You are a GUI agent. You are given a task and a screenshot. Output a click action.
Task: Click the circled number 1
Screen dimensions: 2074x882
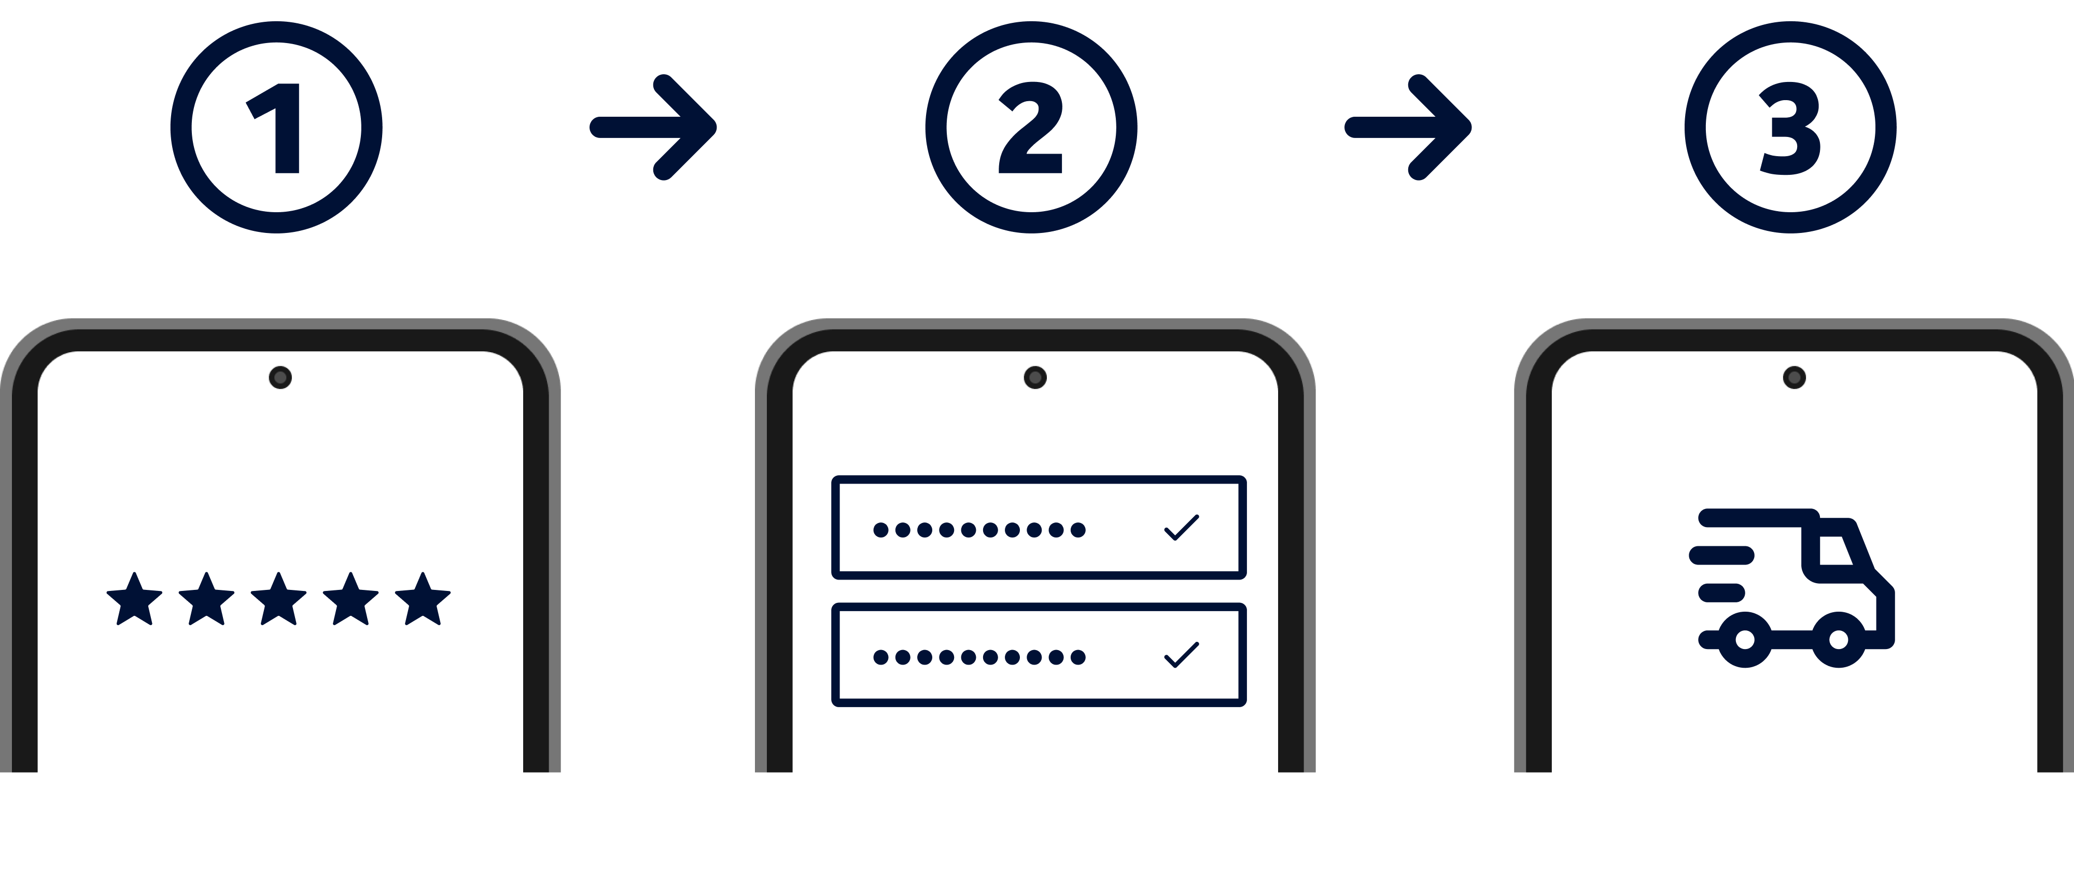coord(276,127)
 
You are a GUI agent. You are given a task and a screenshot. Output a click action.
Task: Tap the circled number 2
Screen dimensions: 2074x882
coord(1031,127)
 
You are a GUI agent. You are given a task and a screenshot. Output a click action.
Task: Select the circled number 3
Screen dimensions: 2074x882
coord(1790,127)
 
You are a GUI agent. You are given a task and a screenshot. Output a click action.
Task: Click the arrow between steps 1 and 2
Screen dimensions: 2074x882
coord(654,127)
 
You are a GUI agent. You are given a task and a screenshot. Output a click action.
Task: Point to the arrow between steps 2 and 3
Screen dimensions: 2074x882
coord(1409,127)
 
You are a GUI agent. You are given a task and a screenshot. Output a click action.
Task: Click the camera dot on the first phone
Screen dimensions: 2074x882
coord(280,377)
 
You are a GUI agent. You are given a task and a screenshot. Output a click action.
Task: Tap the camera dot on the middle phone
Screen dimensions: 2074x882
coord(1034,377)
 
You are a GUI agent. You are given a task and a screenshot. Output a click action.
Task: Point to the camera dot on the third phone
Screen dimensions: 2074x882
coord(1794,377)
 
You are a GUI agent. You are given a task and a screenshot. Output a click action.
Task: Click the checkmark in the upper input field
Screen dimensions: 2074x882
coord(1182,528)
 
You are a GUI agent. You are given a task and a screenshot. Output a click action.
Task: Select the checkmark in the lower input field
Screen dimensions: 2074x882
coord(1182,655)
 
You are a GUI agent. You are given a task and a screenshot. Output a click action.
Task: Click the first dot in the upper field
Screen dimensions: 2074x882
coord(881,530)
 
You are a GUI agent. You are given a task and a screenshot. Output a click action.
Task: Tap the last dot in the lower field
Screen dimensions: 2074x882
coord(1078,657)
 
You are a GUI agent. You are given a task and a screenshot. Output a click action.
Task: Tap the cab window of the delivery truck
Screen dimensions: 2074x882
coord(1838,549)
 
